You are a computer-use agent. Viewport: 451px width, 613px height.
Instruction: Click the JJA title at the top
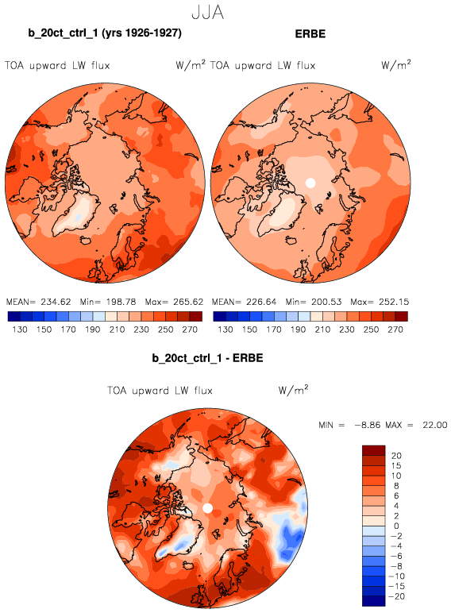click(x=208, y=13)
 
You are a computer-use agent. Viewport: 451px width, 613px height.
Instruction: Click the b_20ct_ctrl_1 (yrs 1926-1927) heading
click(x=105, y=33)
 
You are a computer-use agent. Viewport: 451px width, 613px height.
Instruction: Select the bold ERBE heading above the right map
click(x=310, y=34)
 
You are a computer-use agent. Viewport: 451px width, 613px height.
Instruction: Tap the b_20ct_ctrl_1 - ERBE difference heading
click(x=207, y=358)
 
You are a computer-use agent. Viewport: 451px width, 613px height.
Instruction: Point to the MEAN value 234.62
click(x=56, y=302)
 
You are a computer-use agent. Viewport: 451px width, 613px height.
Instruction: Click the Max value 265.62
click(x=188, y=302)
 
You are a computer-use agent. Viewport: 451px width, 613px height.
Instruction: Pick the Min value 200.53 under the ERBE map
click(x=326, y=302)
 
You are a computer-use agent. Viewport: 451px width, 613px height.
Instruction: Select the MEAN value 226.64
click(x=261, y=302)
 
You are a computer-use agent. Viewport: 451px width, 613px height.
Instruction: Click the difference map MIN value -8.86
click(x=368, y=425)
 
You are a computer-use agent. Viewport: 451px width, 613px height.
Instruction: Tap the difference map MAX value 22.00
click(x=434, y=425)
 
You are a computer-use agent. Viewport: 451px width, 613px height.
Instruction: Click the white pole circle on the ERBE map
click(x=310, y=183)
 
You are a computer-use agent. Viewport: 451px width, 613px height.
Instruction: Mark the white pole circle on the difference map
click(x=208, y=508)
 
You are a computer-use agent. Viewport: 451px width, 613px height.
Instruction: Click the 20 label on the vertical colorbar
click(x=396, y=456)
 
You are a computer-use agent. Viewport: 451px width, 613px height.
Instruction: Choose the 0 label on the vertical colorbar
click(x=396, y=526)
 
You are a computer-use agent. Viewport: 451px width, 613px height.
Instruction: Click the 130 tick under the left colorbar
click(x=20, y=330)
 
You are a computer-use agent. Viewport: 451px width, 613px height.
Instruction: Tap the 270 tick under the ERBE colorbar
click(x=395, y=330)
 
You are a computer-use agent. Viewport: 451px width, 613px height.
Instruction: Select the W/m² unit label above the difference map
click(x=293, y=389)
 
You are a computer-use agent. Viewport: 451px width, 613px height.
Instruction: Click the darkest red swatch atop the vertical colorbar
click(x=374, y=450)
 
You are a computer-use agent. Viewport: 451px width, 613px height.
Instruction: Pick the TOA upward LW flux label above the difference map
click(x=160, y=391)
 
